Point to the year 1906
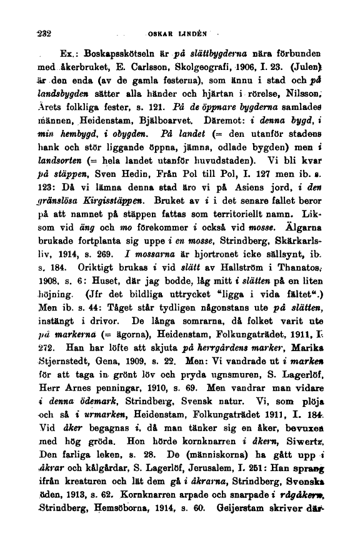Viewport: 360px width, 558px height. coord(261,77)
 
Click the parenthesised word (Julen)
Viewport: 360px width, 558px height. coord(324,77)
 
